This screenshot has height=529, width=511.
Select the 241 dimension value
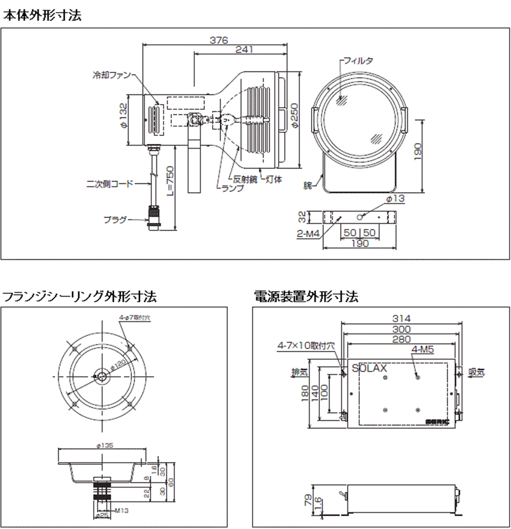pos(244,50)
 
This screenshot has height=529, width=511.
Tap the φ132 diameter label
pos(123,119)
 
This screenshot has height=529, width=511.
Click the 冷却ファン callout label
pos(110,76)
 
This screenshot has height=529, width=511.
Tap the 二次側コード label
pos(109,182)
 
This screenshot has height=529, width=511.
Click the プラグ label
pos(115,220)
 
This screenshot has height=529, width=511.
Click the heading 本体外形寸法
pos(42,16)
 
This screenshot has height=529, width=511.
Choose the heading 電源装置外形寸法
pos(306,296)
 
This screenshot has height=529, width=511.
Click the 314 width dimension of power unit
pos(402,319)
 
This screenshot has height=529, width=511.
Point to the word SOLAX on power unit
pos(369,367)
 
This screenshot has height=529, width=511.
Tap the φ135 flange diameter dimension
pos(106,445)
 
